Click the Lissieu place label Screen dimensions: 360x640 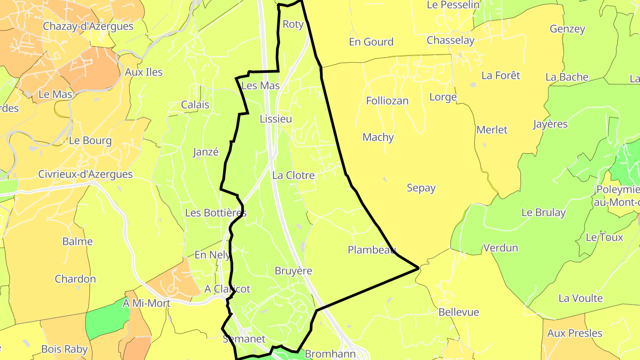point(276,119)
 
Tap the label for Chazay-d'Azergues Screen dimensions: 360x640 point(88,26)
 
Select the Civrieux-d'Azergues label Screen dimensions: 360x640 point(85,174)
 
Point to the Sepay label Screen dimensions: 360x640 point(421,188)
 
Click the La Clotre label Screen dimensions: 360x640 point(293,176)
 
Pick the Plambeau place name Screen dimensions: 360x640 point(372,250)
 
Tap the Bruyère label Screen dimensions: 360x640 point(293,271)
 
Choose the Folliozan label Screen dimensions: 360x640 point(387,101)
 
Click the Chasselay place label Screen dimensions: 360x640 point(451,40)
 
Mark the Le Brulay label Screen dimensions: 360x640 point(544,212)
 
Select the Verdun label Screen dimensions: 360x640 point(500,248)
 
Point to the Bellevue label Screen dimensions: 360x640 point(459,312)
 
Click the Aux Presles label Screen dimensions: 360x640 point(575,333)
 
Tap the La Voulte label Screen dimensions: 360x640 point(580,298)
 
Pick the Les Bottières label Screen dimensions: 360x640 point(216,213)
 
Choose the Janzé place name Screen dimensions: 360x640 point(206,152)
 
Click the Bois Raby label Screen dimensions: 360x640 point(64,349)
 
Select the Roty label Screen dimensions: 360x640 point(293,24)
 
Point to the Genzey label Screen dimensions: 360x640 point(568,29)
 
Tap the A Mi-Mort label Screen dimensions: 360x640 point(147,304)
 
